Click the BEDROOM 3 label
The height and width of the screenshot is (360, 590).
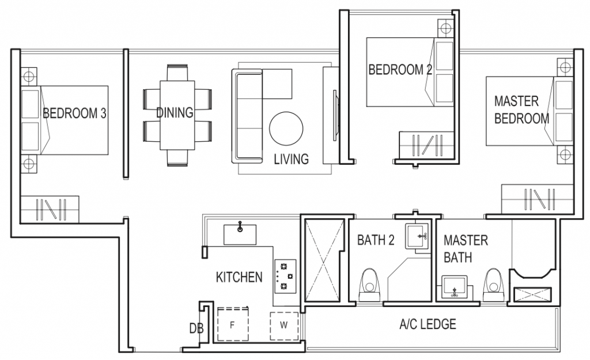[74, 113]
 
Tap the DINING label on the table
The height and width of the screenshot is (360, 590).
[175, 113]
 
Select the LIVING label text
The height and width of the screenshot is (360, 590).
[291, 159]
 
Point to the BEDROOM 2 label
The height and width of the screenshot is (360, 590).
[400, 70]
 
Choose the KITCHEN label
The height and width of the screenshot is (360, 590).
[239, 278]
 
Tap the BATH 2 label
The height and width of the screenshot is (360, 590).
[376, 240]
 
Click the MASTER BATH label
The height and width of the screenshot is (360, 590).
[466, 248]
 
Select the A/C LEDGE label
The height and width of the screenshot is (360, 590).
[428, 324]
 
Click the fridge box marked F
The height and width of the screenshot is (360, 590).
[232, 325]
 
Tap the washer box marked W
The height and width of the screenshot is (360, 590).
[283, 325]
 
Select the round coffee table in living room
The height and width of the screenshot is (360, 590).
[286, 127]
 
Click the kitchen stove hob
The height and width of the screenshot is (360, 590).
[283, 274]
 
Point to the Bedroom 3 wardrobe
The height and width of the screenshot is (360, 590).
[50, 209]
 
